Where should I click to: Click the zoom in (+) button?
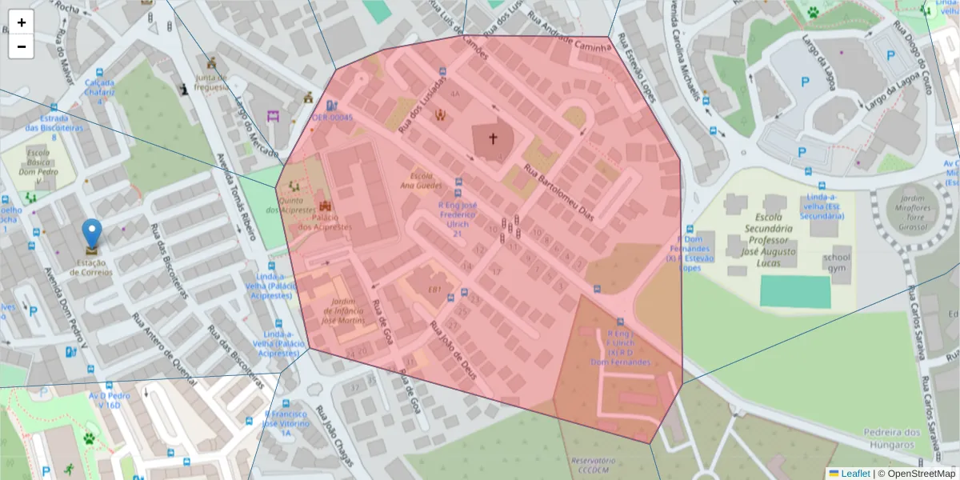[21, 22]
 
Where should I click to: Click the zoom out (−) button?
[21, 46]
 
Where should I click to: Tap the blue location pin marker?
[92, 233]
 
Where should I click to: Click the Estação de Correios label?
[90, 267]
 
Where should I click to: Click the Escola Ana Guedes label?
[425, 180]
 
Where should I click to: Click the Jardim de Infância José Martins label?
[342, 311]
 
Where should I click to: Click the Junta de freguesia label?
[211, 82]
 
